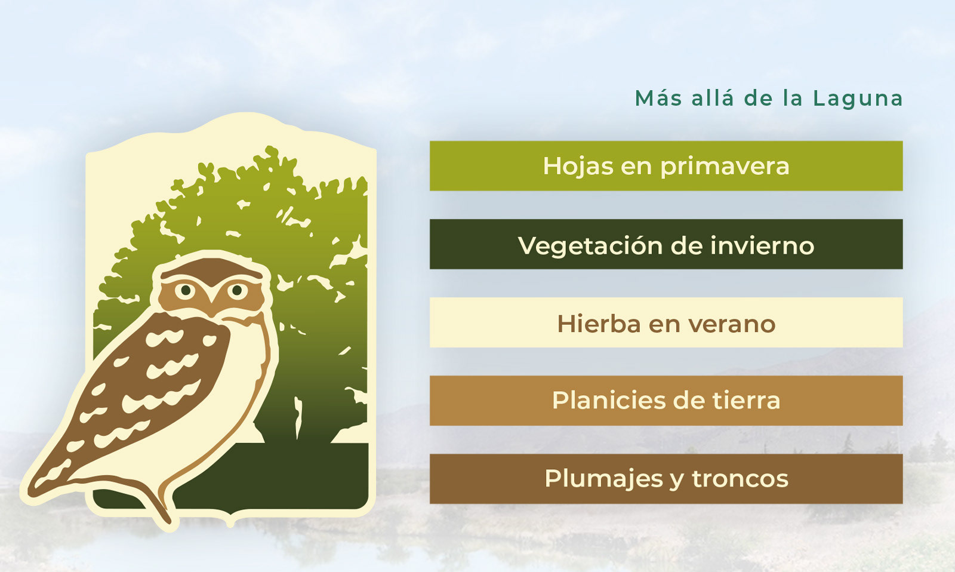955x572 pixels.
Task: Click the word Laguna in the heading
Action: coord(858,99)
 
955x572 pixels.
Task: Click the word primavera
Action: coord(725,167)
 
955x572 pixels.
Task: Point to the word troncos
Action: coord(740,479)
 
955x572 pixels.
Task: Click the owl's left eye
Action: coord(186,291)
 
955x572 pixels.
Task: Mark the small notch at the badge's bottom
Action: coord(230,522)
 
